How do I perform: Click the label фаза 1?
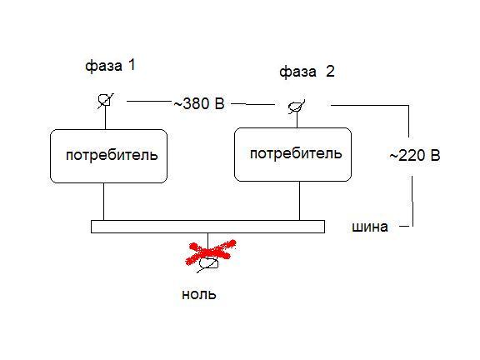coord(110,66)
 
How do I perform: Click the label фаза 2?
coord(307,72)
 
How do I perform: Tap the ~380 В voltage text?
coord(199,103)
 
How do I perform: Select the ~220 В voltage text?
coord(415,156)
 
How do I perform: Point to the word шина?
coord(370,227)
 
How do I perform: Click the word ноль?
coord(199,294)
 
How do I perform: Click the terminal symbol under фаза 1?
coord(105,101)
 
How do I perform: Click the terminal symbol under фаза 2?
coord(297,107)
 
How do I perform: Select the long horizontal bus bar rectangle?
coord(207,227)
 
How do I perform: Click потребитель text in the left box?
coord(112,155)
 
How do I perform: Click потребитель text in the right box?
coord(296,153)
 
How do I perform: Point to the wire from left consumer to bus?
coord(104,202)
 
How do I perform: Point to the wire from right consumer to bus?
coord(299,201)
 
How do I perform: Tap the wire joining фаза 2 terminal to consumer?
coord(297,120)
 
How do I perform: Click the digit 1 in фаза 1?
coord(132,65)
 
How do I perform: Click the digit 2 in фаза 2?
coord(330,72)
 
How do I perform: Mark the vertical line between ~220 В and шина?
coord(412,201)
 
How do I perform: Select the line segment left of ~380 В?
coord(149,101)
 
